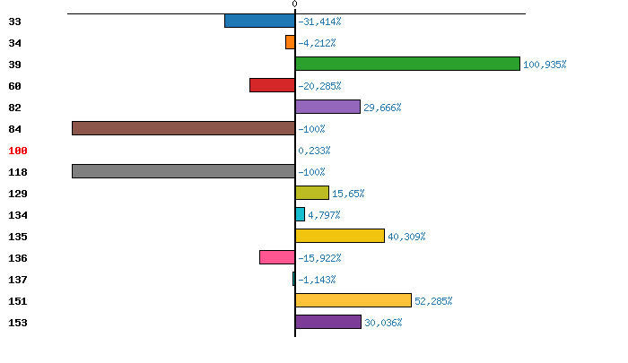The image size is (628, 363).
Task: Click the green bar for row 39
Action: coord(407,64)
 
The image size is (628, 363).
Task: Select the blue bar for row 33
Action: coord(259,21)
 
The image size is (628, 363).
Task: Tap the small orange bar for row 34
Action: coord(290,42)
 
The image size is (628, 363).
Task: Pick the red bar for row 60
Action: coord(272,85)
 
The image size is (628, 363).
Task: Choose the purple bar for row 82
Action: coord(327,107)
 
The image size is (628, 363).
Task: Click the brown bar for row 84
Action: coord(183,128)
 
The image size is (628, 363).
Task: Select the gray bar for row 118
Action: coord(183,171)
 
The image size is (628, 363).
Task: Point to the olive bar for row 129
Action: coord(312,193)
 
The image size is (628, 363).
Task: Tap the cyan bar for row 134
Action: coord(300,214)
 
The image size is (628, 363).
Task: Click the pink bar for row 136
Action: coord(277,257)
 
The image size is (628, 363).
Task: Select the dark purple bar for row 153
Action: coord(328,322)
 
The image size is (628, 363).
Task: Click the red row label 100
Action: coord(17,151)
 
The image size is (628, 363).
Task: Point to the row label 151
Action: coord(17,301)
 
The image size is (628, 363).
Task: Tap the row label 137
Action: coord(17,280)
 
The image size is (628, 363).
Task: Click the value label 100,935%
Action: coord(545,65)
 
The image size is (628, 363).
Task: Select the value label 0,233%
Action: coord(314,151)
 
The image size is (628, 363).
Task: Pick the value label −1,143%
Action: coord(317,280)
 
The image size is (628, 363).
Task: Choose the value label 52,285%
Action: coord(433,301)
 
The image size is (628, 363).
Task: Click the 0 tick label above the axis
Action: coord(295,4)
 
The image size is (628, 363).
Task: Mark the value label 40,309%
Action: coord(406,237)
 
